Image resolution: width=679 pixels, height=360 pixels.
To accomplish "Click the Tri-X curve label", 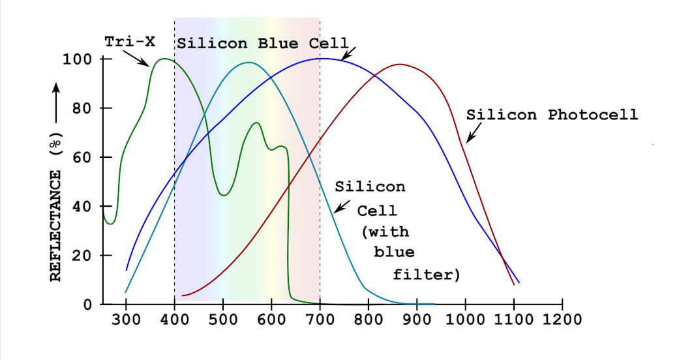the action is click(x=130, y=42).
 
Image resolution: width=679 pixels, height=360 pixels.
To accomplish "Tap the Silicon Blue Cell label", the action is click(x=263, y=43).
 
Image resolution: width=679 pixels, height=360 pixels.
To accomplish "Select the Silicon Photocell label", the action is click(x=552, y=115).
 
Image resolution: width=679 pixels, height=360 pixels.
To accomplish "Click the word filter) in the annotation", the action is click(x=426, y=274).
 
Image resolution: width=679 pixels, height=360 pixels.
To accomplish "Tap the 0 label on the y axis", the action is click(x=88, y=305).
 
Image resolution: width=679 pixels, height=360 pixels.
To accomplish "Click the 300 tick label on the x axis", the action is click(x=126, y=320).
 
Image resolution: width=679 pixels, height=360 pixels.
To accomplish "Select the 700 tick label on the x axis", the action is click(x=320, y=320).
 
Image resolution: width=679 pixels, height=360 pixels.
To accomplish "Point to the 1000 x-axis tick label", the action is click(x=466, y=320).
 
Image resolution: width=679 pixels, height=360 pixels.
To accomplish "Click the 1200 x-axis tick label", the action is click(x=562, y=320).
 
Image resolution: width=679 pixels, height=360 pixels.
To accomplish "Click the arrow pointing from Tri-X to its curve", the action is click(x=136, y=58).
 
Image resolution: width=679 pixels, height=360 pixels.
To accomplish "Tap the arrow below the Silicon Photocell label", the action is click(x=474, y=133).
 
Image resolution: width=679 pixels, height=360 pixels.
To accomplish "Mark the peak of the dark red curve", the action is click(x=399, y=64).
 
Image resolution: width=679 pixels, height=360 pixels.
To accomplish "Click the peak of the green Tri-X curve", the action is click(x=164, y=59).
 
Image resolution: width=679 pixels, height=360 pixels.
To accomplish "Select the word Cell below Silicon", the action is click(x=377, y=211).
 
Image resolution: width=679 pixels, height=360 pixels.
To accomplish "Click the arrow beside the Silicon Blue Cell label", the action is click(x=348, y=53).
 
